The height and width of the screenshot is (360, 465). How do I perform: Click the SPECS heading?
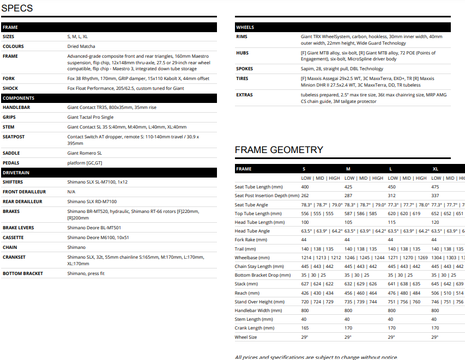17,8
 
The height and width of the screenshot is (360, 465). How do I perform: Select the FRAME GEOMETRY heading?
279,150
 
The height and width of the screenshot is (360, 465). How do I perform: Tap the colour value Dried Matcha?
81,46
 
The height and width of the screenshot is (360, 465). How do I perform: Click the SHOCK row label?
10,88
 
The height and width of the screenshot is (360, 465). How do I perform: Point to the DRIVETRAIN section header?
16,173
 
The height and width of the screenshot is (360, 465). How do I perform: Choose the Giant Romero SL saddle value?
84,153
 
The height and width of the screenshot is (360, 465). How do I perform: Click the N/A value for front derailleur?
71,192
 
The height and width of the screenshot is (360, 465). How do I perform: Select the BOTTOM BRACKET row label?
23,273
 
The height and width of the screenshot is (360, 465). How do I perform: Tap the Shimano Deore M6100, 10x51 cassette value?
98,238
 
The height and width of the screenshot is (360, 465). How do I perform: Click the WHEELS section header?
245,27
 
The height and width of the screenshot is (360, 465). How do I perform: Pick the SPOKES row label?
245,69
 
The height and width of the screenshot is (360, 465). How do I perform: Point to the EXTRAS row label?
244,95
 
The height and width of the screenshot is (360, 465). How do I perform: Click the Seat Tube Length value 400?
305,187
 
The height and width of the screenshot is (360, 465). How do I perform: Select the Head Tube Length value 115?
391,222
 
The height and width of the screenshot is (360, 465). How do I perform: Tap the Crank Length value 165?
305,328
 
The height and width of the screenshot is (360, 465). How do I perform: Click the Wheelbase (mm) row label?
252,258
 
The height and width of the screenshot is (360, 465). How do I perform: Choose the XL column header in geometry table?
435,169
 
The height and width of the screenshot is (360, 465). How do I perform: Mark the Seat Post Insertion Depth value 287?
349,196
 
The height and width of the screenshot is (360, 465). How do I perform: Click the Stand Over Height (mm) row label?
260,302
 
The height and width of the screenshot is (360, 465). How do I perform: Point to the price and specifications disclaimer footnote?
316,357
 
